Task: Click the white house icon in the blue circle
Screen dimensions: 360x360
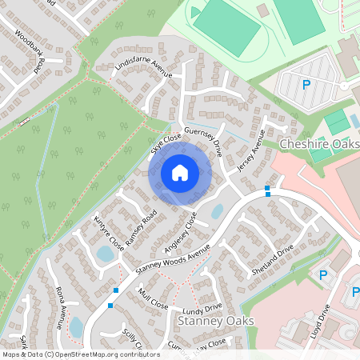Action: (180, 173)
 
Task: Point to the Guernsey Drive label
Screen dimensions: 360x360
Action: (203, 138)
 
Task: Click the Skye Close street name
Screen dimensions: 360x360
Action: (166, 145)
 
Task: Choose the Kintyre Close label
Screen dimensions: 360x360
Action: (107, 231)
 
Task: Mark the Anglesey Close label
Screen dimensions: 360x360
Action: (180, 232)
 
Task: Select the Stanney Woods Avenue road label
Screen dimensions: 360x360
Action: (172, 258)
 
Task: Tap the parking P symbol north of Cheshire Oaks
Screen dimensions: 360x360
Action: (306, 85)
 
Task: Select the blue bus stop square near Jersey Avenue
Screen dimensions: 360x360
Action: (267, 190)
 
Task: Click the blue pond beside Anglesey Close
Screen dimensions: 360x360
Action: (217, 211)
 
